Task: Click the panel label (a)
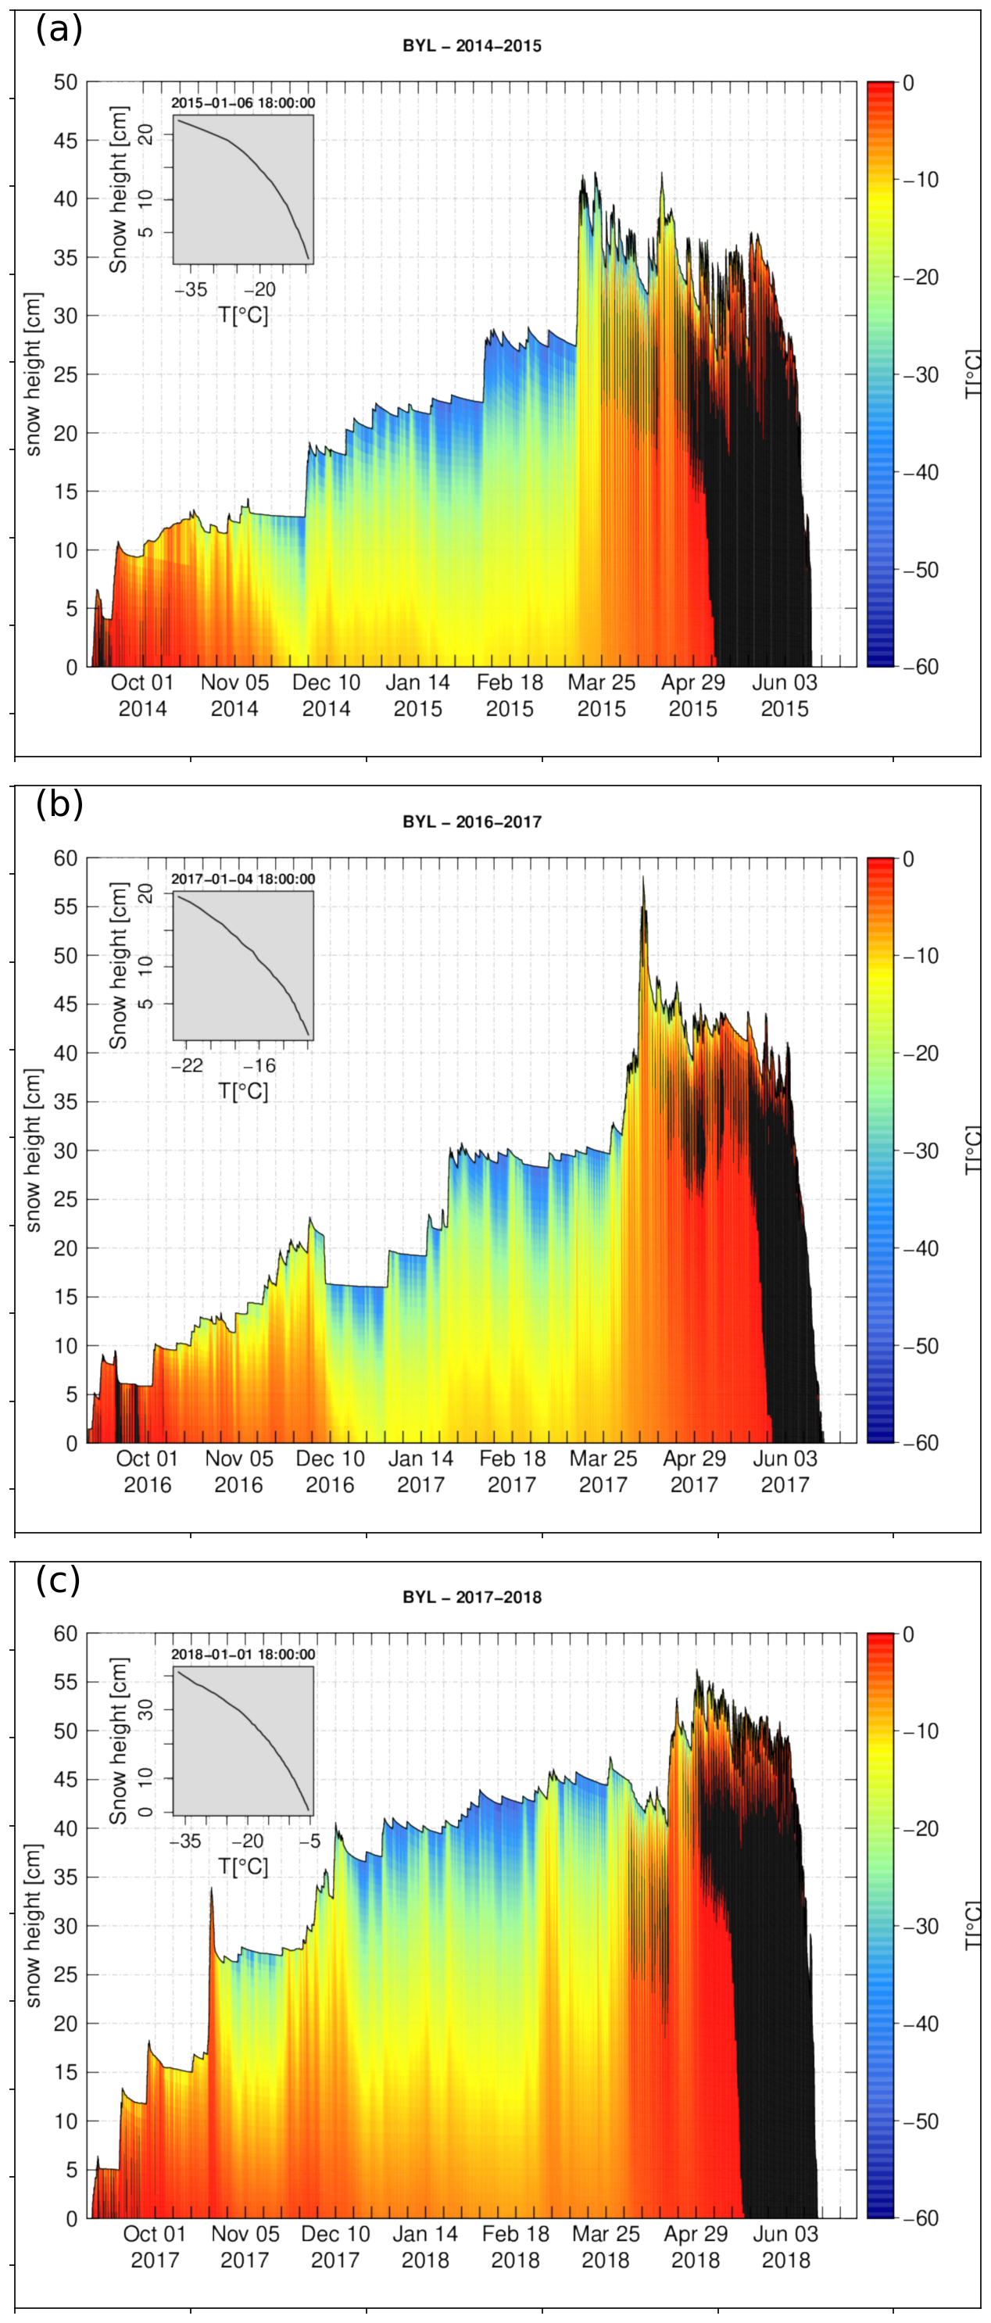point(59,30)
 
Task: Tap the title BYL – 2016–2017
point(471,821)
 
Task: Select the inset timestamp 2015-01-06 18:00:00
point(244,103)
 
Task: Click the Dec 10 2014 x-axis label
point(327,696)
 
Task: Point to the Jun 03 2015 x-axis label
point(785,696)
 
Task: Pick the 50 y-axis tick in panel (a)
point(66,82)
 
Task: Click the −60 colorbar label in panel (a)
point(920,667)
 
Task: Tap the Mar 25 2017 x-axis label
point(603,1472)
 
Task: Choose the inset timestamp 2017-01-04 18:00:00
point(244,879)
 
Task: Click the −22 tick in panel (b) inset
point(188,1066)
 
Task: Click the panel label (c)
point(58,1580)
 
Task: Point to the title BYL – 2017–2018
point(471,1597)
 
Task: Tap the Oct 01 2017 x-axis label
point(154,2247)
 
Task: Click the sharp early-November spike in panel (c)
point(211,1889)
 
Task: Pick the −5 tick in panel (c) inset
point(309,1842)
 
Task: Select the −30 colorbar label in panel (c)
point(920,1926)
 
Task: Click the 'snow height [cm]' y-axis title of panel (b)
point(34,1150)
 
